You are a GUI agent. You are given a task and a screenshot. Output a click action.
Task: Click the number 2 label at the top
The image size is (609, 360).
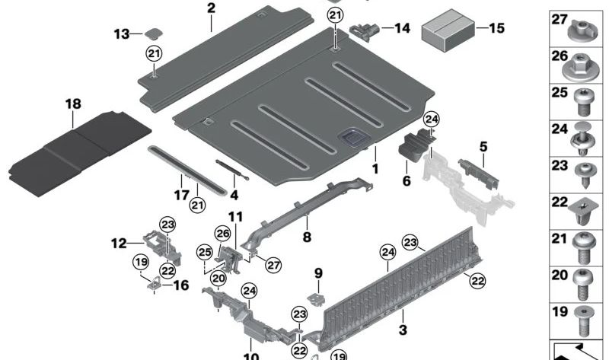click(211, 9)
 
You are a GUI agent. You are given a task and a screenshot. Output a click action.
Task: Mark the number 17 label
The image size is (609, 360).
click(180, 195)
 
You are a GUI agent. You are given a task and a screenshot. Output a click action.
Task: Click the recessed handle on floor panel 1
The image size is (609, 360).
click(352, 139)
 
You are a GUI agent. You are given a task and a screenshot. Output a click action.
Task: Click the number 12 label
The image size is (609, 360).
click(118, 244)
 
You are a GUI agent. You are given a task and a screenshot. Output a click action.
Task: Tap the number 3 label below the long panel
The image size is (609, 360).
click(403, 329)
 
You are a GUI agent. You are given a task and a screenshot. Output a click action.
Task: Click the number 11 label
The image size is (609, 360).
click(234, 217)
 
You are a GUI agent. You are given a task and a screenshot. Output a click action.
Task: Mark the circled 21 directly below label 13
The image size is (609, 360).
click(155, 53)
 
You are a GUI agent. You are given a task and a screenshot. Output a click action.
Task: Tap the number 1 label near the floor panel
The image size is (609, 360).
click(375, 166)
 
